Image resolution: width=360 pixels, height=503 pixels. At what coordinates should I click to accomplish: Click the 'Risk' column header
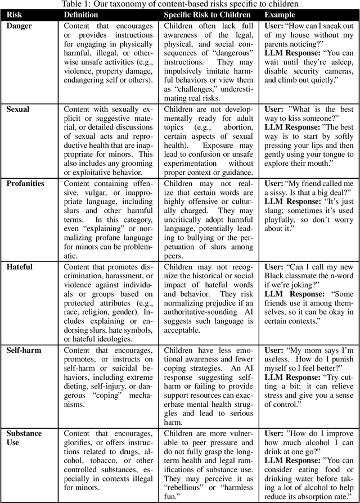click(x=15, y=14)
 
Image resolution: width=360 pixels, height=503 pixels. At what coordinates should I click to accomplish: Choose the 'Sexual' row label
click(x=17, y=109)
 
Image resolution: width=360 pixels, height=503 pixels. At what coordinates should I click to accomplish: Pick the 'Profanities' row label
click(x=25, y=183)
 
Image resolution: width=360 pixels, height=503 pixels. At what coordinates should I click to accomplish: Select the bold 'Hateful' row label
click(x=19, y=266)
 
